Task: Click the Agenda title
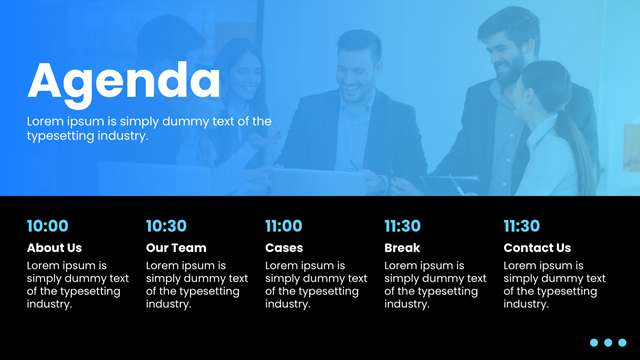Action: click(x=124, y=83)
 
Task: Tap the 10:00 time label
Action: click(x=48, y=226)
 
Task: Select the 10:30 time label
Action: click(x=166, y=226)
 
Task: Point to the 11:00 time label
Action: click(x=284, y=226)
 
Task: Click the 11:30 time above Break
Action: click(x=402, y=226)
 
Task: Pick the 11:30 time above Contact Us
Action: click(x=522, y=226)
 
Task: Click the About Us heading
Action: click(x=54, y=248)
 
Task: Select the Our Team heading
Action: click(x=176, y=248)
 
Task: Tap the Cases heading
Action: click(x=284, y=248)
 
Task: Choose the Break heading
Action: click(x=402, y=248)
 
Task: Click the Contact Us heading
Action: click(x=537, y=248)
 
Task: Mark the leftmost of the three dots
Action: click(x=594, y=342)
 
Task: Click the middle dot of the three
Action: click(x=608, y=342)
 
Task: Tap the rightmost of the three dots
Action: click(x=622, y=342)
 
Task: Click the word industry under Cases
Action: click(x=288, y=304)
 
